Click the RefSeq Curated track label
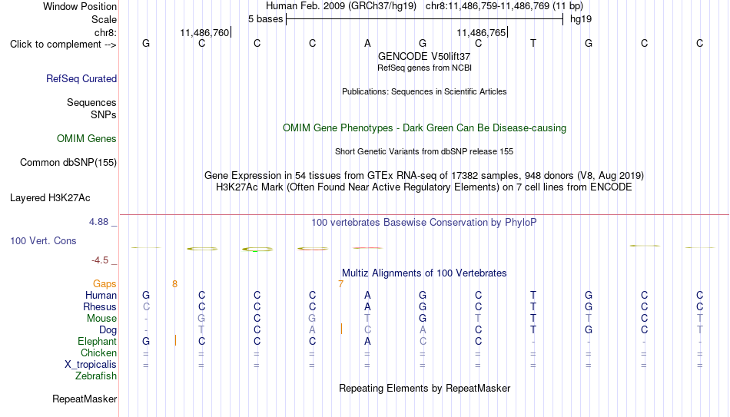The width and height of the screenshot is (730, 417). pyautogui.click(x=81, y=78)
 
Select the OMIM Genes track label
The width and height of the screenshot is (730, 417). pyautogui.click(x=87, y=139)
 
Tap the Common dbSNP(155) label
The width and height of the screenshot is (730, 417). pyautogui.click(x=68, y=163)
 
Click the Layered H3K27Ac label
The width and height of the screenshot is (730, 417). pyautogui.click(x=50, y=198)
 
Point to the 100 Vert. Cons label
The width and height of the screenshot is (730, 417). pyautogui.click(x=43, y=240)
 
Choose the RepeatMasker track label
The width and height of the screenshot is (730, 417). pyautogui.click(x=85, y=399)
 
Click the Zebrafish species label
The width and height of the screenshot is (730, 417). pyautogui.click(x=96, y=376)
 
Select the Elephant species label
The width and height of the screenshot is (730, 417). pyautogui.click(x=98, y=342)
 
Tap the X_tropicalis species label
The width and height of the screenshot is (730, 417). pyautogui.click(x=91, y=365)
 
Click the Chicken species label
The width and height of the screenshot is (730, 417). pyautogui.click(x=98, y=352)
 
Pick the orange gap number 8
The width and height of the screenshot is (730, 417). pyautogui.click(x=174, y=284)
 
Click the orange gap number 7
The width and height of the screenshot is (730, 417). pyautogui.click(x=340, y=284)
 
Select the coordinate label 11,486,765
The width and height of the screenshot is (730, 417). pyautogui.click(x=481, y=32)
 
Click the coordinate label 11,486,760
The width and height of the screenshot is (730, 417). pyautogui.click(x=204, y=32)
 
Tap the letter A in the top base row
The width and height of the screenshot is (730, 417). pyautogui.click(x=367, y=43)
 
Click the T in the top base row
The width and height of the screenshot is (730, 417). pyautogui.click(x=533, y=43)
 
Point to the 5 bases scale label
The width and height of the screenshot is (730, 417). pyautogui.click(x=265, y=19)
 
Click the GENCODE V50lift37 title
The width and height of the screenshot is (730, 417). pyautogui.click(x=424, y=56)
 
